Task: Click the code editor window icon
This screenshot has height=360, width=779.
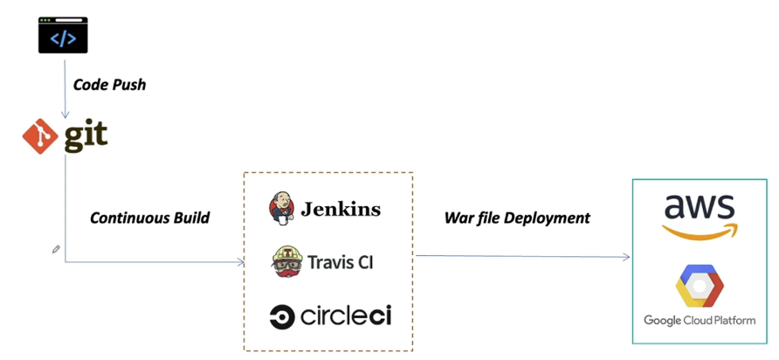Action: click(63, 35)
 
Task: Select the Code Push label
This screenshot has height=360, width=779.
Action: click(109, 85)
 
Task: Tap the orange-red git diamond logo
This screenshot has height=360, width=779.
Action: click(39, 136)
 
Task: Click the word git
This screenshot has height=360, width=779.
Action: click(86, 136)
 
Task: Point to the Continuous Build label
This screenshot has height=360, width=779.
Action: click(149, 218)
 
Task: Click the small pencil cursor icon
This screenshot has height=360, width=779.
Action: click(56, 250)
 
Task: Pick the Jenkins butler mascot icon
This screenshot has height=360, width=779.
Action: click(282, 208)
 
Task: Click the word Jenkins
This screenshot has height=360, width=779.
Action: click(341, 209)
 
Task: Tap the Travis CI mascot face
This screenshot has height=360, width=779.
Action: click(286, 261)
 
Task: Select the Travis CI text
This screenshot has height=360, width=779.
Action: click(341, 262)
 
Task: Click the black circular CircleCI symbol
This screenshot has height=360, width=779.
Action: click(282, 317)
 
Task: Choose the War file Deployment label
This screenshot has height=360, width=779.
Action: click(517, 218)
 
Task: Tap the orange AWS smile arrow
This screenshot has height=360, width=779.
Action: click(700, 232)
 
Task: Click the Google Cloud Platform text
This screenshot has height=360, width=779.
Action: click(700, 321)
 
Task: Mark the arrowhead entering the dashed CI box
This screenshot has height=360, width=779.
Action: click(240, 261)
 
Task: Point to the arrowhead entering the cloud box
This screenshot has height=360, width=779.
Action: click(626, 257)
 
